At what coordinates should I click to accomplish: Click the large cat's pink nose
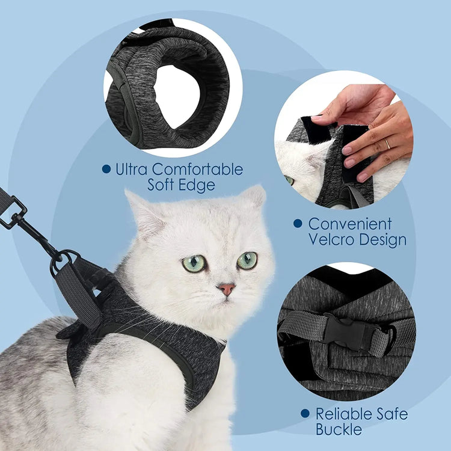[227, 289]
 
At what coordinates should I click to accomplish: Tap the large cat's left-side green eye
[194, 263]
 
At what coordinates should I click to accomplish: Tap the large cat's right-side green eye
[247, 260]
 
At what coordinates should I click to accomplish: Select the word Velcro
[336, 239]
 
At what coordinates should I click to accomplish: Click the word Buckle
[339, 429]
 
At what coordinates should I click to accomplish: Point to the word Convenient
[350, 224]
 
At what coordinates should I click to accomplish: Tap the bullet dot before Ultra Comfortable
[106, 170]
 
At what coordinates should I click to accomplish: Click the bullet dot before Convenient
[297, 224]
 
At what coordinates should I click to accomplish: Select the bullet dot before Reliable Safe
[305, 414]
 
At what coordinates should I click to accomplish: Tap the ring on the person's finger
[387, 144]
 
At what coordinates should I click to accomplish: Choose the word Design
[387, 239]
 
